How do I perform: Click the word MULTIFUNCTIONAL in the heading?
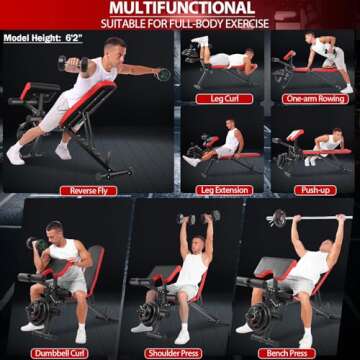(x=182, y=8)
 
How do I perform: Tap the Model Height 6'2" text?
(x=43, y=38)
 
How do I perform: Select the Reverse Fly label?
(x=89, y=191)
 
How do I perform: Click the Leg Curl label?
(x=224, y=99)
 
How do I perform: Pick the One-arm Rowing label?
(x=315, y=99)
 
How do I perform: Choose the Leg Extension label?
(x=224, y=190)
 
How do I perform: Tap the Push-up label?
(x=315, y=190)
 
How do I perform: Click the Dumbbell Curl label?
(x=59, y=353)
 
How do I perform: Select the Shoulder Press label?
(x=173, y=353)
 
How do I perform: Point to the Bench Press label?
(x=287, y=353)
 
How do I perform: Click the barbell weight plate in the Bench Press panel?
(x=279, y=218)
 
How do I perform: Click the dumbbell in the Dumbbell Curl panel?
(x=37, y=243)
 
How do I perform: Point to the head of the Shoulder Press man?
(x=198, y=244)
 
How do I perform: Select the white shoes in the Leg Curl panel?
(x=200, y=41)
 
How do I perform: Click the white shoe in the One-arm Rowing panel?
(x=347, y=89)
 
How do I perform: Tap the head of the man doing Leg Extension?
(x=230, y=125)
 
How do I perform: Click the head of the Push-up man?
(x=337, y=135)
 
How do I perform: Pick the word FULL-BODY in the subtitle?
(x=214, y=24)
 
